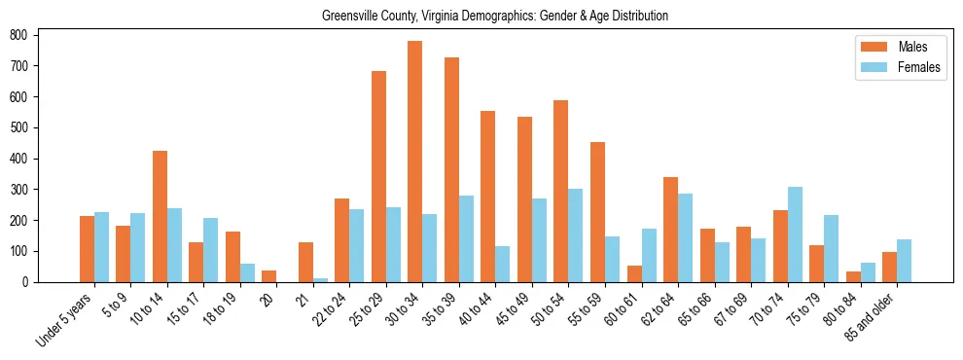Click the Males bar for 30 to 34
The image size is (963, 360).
[415, 162]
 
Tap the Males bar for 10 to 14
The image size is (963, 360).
[160, 216]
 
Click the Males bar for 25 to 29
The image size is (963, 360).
[378, 176]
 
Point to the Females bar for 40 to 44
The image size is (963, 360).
[503, 264]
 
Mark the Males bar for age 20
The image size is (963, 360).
[269, 276]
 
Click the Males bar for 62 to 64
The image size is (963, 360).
[670, 230]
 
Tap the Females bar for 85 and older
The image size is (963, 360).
[904, 261]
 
